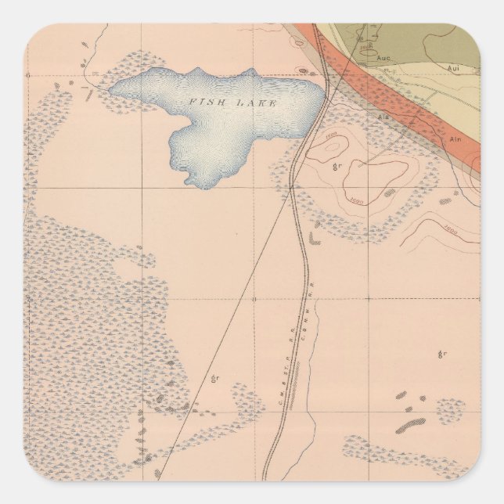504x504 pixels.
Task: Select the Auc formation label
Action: pyautogui.click(x=383, y=57)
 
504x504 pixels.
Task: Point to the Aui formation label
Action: pyautogui.click(x=452, y=69)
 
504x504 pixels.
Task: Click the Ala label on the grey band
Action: pyautogui.click(x=383, y=117)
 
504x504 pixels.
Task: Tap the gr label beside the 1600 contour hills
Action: pyautogui.click(x=337, y=167)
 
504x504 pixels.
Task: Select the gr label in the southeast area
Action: pyautogui.click(x=442, y=354)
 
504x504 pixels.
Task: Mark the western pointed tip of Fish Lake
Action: pyautogui.click(x=111, y=89)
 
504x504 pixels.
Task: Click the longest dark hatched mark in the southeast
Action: pyautogui.click(x=410, y=426)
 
